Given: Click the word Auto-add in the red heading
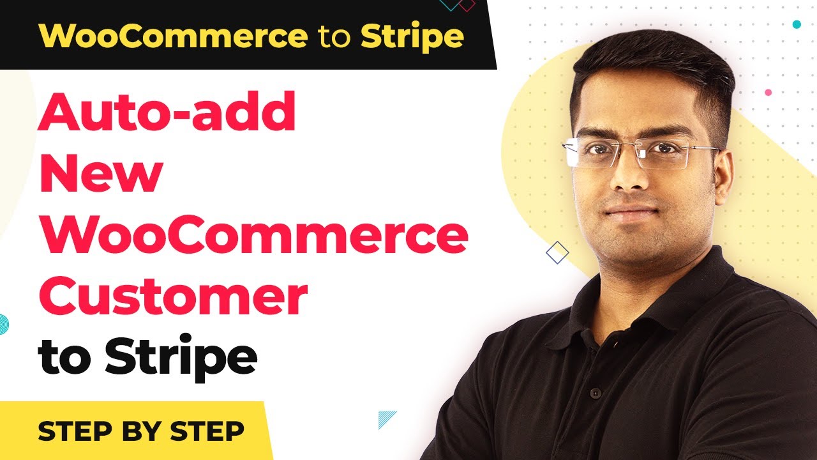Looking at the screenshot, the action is click(167, 111).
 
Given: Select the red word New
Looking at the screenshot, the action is click(101, 172).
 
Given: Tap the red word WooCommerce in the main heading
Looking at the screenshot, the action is click(253, 234).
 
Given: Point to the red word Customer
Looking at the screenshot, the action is click(173, 295).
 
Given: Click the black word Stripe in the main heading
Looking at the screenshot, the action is click(181, 356).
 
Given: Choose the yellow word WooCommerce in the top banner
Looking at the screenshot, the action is click(173, 36).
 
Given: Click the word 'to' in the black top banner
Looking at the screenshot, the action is click(334, 36).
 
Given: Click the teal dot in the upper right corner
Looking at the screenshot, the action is click(797, 24).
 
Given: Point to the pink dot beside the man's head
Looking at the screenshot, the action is click(768, 93).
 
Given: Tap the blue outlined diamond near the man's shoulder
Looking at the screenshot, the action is click(557, 252).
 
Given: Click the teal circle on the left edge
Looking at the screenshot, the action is click(4, 324).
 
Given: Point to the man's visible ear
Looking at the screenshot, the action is click(724, 178).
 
